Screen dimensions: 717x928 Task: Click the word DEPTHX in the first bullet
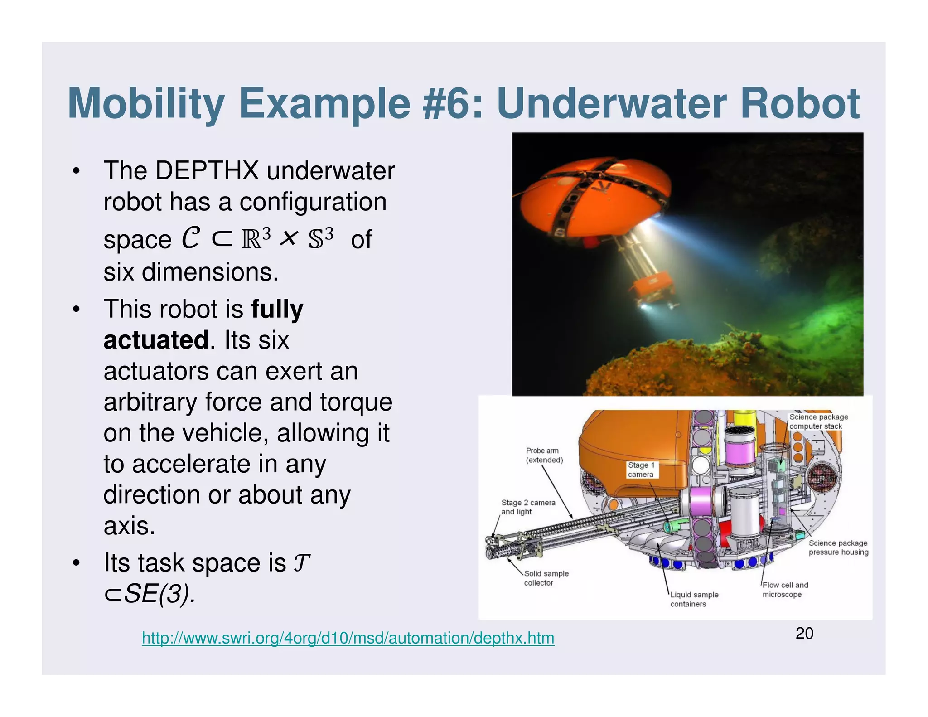tap(207, 171)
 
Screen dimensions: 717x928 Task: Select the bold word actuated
tap(156, 340)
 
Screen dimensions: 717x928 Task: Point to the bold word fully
tap(277, 310)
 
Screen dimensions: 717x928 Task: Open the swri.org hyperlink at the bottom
tap(348, 638)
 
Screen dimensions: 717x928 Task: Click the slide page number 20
tap(804, 633)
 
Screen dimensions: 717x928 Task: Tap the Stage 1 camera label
tap(641, 470)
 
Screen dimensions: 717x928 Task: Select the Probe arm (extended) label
tap(544, 455)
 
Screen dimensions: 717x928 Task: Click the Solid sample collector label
tap(546, 578)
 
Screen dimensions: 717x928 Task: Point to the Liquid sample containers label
tap(694, 599)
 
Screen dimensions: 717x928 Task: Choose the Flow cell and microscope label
tap(784, 590)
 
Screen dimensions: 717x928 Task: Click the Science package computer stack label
tap(818, 421)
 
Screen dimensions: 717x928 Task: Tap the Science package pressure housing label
tap(838, 547)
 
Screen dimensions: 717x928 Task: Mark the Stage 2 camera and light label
tap(527, 507)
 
